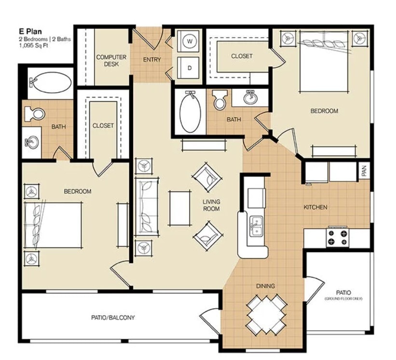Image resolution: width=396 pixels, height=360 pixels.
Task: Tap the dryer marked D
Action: point(190,68)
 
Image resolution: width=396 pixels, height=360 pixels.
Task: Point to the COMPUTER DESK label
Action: point(111,60)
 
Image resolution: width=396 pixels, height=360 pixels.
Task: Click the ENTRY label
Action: point(152,60)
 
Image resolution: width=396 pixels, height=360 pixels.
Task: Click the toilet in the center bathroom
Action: point(220,100)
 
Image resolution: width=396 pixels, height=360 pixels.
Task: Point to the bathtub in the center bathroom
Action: point(190,112)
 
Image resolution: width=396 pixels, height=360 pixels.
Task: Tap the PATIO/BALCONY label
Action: point(113,318)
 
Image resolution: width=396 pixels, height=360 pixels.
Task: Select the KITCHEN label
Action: point(315,207)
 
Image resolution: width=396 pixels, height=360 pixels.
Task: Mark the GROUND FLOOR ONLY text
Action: point(343,299)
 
